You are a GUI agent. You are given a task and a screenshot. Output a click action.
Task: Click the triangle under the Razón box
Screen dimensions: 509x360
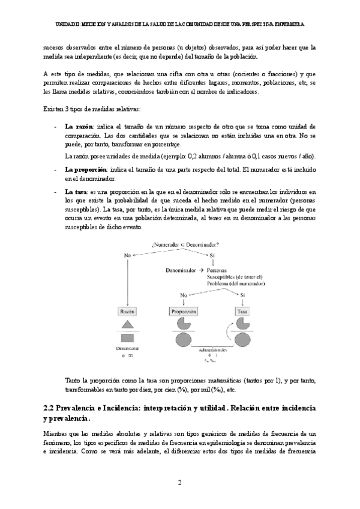pyautogui.click(x=128, y=325)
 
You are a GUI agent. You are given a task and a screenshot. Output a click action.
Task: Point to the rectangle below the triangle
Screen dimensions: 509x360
pyautogui.click(x=128, y=337)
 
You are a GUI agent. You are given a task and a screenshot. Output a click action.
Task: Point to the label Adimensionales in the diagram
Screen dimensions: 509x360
pyautogui.click(x=213, y=349)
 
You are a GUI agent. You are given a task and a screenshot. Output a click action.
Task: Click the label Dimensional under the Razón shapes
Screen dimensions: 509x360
pyautogui.click(x=128, y=348)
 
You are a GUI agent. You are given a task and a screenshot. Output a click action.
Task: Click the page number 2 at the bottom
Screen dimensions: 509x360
pyautogui.click(x=179, y=482)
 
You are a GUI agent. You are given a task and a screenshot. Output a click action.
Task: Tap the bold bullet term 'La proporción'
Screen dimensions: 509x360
pyautogui.click(x=85, y=169)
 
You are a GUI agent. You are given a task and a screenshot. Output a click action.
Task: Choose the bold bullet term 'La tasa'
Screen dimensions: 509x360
pyautogui.click(x=76, y=191)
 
